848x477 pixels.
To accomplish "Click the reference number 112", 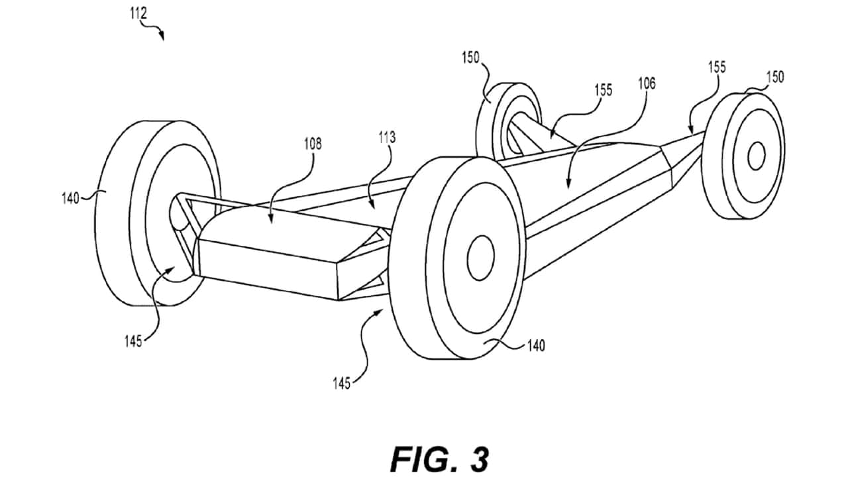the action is point(138,14).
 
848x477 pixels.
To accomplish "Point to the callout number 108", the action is point(313,144).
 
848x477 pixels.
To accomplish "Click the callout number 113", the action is point(386,138).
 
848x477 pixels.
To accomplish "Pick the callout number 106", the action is point(647,83).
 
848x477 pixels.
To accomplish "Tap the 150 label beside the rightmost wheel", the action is point(775,78).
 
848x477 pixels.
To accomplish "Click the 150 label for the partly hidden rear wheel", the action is point(470,58).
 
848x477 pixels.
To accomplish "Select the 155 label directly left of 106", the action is point(604,90).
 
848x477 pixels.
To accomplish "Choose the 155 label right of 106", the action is point(717,68).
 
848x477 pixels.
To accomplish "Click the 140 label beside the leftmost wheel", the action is point(70,198).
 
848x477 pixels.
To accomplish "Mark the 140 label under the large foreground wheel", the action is point(536,346).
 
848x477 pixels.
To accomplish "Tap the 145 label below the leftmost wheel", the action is point(133,341).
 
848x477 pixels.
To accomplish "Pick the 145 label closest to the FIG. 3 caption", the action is point(341,384).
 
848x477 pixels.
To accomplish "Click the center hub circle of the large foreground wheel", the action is point(481,258).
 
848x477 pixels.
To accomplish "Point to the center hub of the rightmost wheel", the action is point(757,156).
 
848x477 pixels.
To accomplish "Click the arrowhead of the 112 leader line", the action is point(162,36).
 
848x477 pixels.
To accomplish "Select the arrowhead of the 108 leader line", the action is point(271,219).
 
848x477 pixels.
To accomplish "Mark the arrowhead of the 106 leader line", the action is point(568,184).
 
